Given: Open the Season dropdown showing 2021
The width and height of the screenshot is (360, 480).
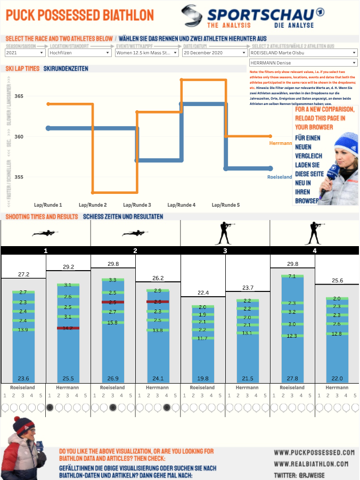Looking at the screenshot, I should tap(24, 53).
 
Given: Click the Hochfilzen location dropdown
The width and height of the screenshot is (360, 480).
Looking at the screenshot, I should tap(79, 53).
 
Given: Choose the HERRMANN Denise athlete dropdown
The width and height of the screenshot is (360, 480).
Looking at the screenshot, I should tap(302, 63).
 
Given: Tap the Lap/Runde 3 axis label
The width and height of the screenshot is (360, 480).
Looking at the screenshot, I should tap(137, 205).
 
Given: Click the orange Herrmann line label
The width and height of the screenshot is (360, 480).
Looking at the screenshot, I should tap(281, 143).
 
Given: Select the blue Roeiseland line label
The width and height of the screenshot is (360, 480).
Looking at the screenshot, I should tap(280, 177).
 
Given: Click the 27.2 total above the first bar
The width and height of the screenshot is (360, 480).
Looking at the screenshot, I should tap(23, 274).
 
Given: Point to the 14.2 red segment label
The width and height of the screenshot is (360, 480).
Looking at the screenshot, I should tap(68, 328).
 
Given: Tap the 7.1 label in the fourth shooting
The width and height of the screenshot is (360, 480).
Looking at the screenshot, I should tap(292, 276).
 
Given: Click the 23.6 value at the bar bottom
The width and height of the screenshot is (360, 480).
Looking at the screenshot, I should tap(23, 378).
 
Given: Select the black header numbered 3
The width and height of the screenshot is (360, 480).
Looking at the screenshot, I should tap(225, 250).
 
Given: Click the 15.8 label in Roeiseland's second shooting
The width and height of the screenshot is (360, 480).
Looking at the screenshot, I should tap(113, 322).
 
